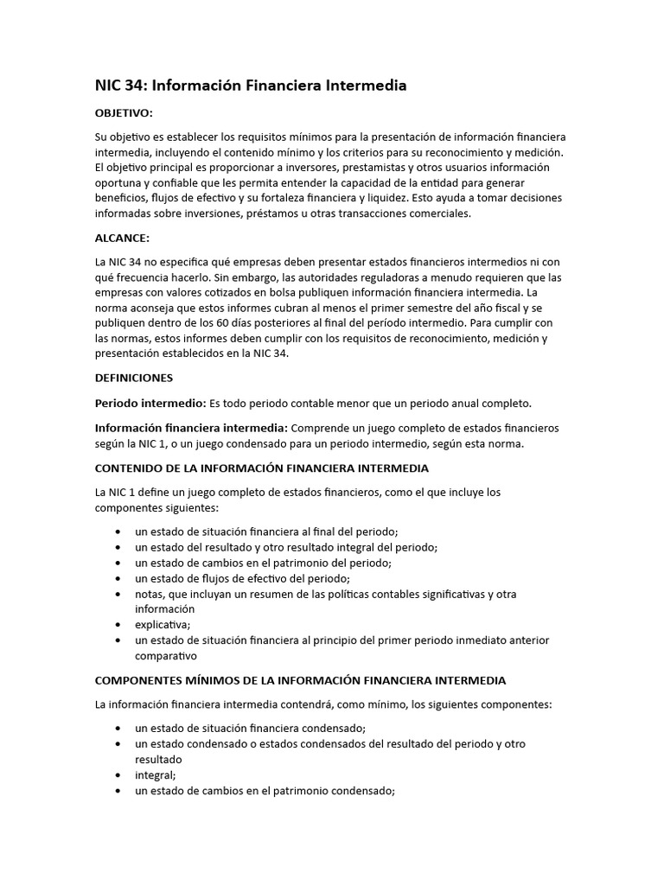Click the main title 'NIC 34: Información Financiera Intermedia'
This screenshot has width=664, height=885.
point(250,86)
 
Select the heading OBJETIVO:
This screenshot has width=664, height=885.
point(124,113)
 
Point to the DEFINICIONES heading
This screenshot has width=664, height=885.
point(133,378)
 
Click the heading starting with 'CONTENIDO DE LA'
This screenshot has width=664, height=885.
point(261,468)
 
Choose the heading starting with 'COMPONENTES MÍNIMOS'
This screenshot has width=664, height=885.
point(300,681)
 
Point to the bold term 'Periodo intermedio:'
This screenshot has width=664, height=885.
point(150,404)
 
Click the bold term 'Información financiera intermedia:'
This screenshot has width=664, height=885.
point(192,428)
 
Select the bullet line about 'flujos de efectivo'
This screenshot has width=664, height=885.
point(242,578)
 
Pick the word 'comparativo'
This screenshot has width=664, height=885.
point(166,656)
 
